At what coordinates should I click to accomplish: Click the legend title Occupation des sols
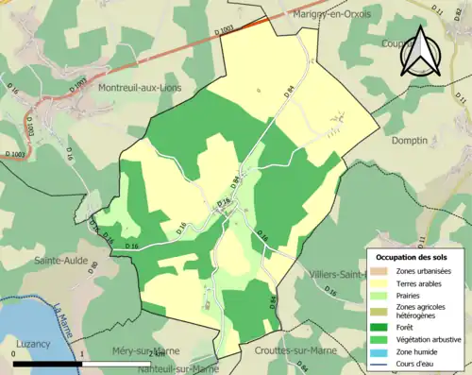click(x=412, y=257)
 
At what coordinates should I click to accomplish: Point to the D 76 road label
click(x=224, y=202)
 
